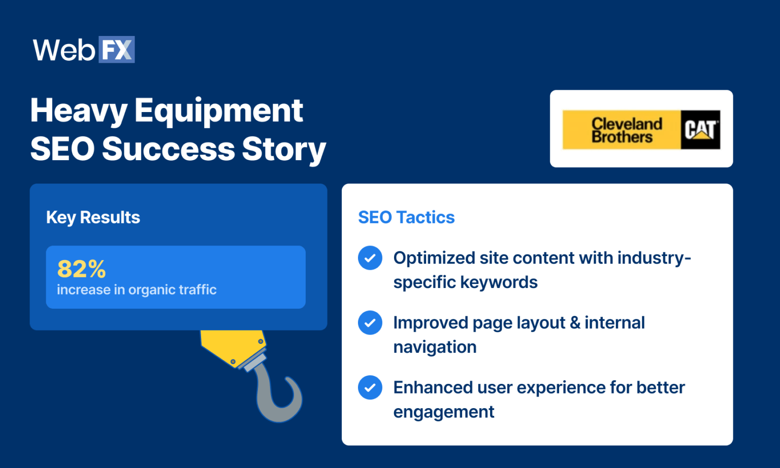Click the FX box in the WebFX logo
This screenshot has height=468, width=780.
pyautogui.click(x=116, y=50)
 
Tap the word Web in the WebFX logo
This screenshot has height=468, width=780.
pyautogui.click(x=64, y=50)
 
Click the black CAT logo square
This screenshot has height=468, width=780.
pyautogui.click(x=700, y=130)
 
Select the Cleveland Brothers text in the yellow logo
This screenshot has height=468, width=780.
pyautogui.click(x=627, y=130)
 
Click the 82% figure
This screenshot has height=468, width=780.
pyautogui.click(x=81, y=269)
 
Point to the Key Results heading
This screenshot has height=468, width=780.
pyautogui.click(x=93, y=217)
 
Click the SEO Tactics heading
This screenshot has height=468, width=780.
pyautogui.click(x=406, y=217)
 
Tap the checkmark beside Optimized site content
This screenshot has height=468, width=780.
pyautogui.click(x=370, y=258)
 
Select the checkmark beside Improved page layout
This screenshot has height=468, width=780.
pyautogui.click(x=370, y=322)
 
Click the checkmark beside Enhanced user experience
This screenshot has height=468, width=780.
pyautogui.click(x=370, y=387)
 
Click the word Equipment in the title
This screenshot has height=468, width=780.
pyautogui.click(x=218, y=111)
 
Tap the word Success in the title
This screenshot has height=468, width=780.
pyautogui.click(x=168, y=149)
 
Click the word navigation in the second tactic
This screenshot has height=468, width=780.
pyautogui.click(x=435, y=347)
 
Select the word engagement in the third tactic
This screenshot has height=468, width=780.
pyautogui.click(x=443, y=412)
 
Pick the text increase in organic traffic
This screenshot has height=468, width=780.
pyautogui.click(x=137, y=290)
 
